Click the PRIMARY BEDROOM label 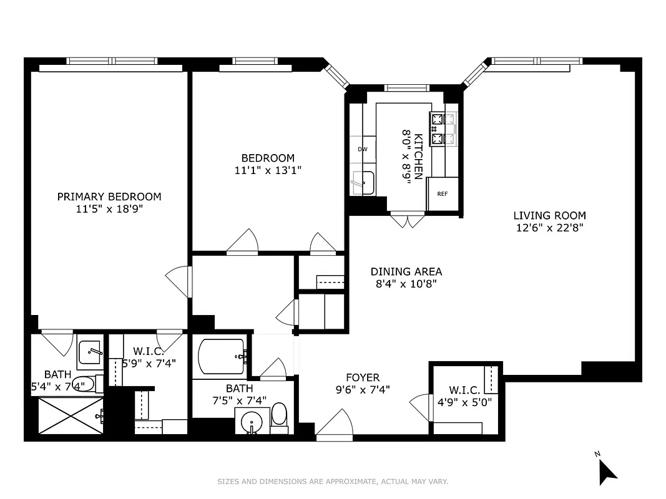point(109,196)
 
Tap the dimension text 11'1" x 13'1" point(268,170)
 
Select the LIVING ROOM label point(549,216)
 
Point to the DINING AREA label point(406,271)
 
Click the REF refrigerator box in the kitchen point(443,194)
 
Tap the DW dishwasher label point(362,150)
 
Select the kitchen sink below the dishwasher point(363,182)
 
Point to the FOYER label point(363,377)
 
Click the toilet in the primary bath point(86,384)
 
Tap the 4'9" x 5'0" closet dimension point(464,402)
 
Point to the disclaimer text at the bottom point(333,481)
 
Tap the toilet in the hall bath point(279,417)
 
